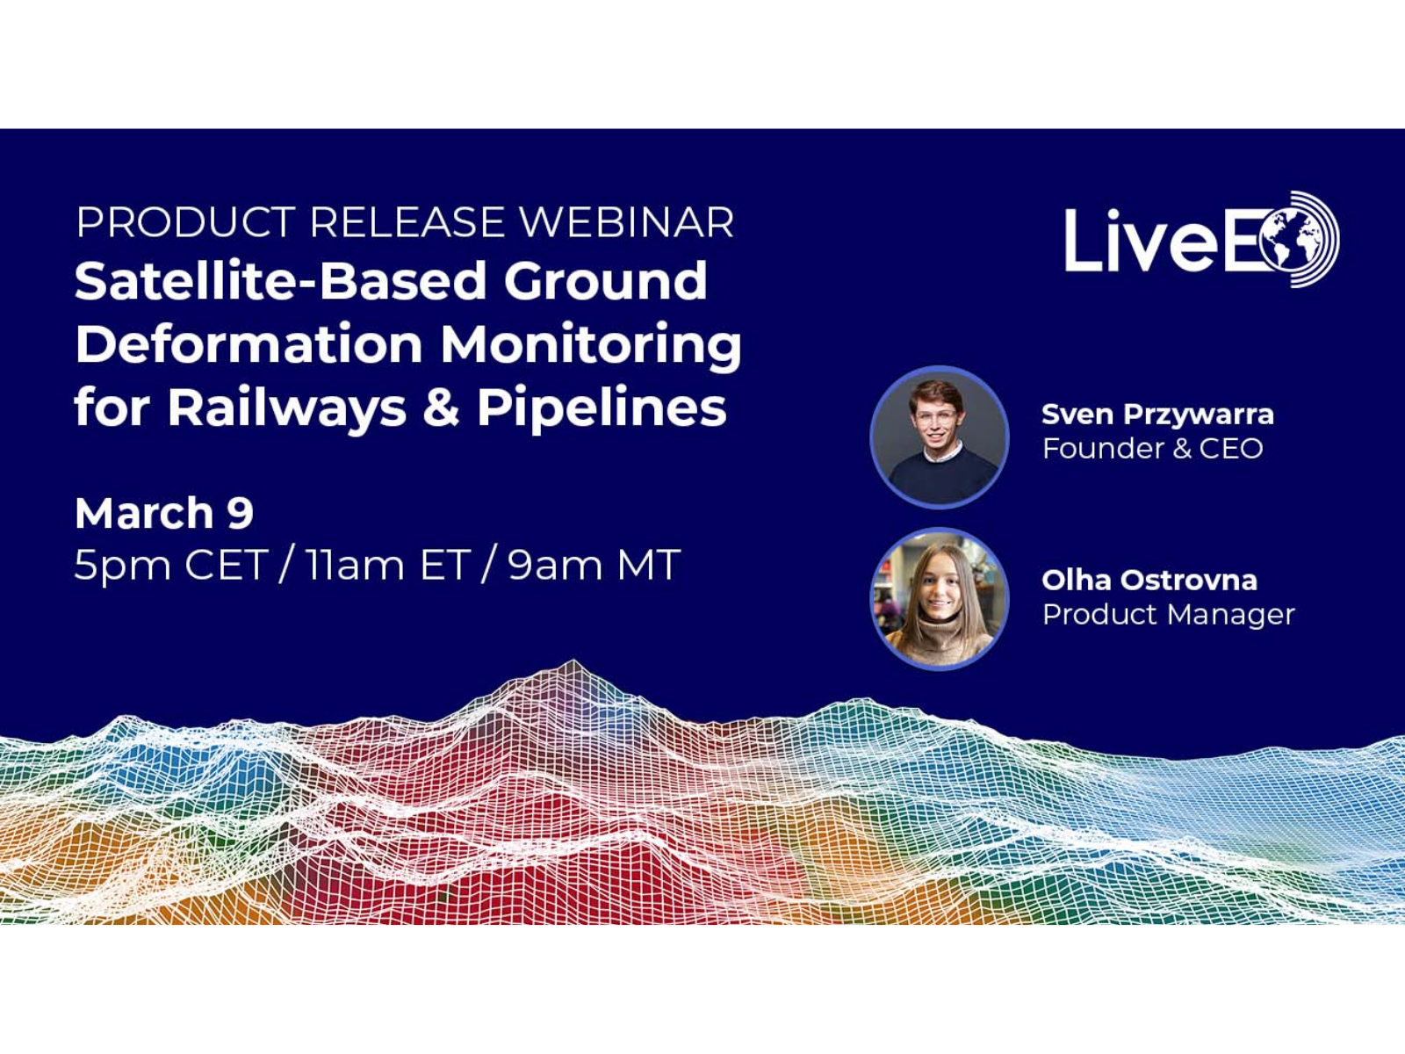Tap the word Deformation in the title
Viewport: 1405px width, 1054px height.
coord(249,343)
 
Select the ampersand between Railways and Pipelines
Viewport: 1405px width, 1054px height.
coord(442,408)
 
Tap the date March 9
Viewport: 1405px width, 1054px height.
coord(164,513)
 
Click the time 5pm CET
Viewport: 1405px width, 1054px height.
coord(169,565)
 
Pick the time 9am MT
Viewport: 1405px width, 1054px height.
coord(594,564)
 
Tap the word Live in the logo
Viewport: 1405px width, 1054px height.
coord(1142,240)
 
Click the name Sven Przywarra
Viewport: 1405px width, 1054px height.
coord(1158,415)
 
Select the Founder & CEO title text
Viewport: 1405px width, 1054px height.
coord(1153,448)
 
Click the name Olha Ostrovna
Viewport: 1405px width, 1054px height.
coord(1149,581)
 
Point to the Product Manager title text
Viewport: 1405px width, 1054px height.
coord(1169,615)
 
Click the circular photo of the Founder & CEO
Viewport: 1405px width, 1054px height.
coord(939,437)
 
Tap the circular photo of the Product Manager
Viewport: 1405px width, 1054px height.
coord(939,600)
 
